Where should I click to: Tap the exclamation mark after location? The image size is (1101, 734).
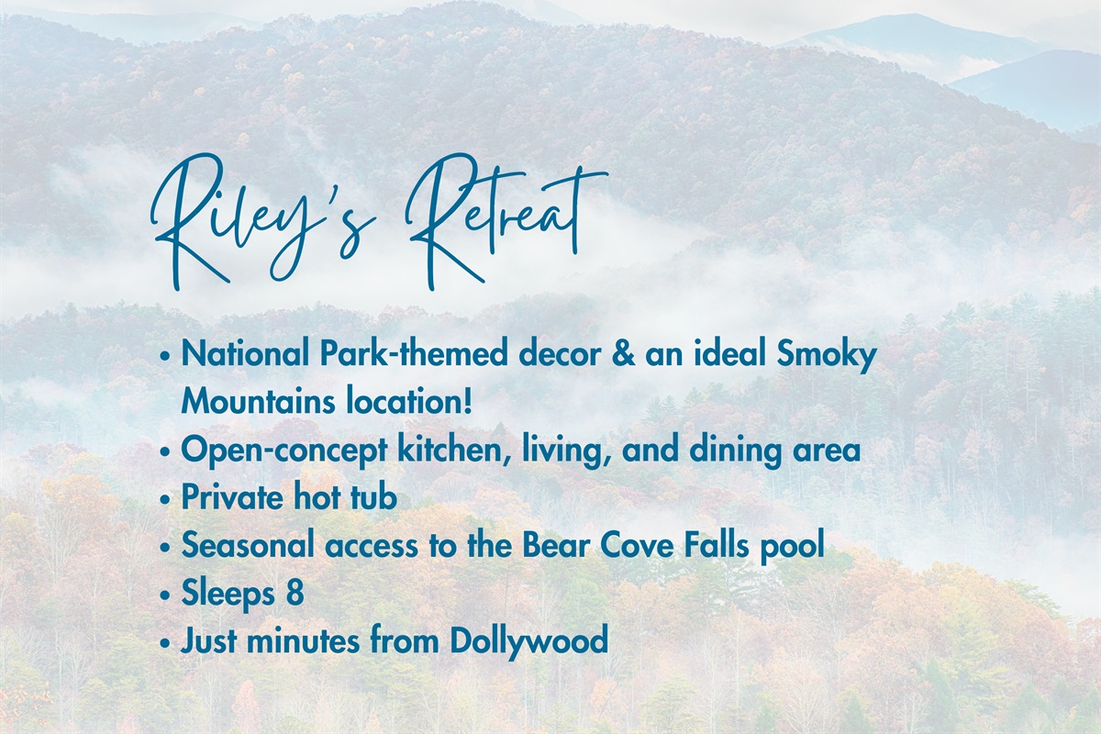coord(468,402)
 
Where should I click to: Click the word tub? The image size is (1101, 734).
coord(375,498)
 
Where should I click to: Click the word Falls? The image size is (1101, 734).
coord(706,546)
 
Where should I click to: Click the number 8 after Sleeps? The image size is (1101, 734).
coord(293,594)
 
